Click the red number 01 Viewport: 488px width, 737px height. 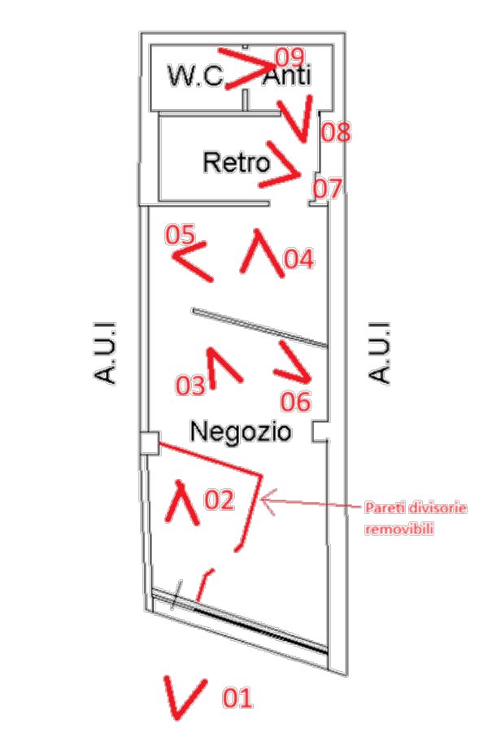click(x=237, y=697)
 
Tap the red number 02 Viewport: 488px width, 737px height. click(x=219, y=499)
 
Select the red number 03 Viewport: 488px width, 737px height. click(x=191, y=386)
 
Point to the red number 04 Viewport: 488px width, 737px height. click(x=298, y=259)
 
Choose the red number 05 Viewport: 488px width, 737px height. click(x=180, y=234)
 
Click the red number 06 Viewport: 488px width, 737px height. click(x=296, y=402)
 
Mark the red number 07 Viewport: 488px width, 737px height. click(x=328, y=189)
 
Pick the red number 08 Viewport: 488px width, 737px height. click(x=336, y=132)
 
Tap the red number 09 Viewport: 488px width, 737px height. click(x=290, y=57)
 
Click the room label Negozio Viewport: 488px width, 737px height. click(x=240, y=431)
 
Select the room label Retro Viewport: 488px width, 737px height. click(x=237, y=162)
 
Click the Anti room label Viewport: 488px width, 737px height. click(x=286, y=75)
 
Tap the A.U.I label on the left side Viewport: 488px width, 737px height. click(x=104, y=353)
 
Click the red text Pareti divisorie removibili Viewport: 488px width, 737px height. click(x=416, y=518)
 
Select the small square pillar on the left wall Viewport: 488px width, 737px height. click(x=150, y=443)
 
